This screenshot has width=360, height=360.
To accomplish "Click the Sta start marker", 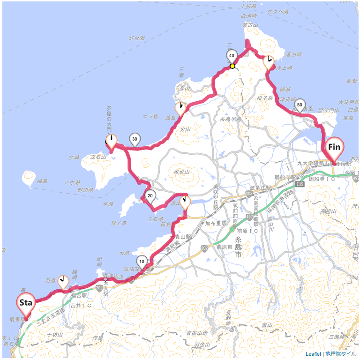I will (25, 303).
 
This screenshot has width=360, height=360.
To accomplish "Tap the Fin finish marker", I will (334, 147).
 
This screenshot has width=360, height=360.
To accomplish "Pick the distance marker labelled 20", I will (150, 196).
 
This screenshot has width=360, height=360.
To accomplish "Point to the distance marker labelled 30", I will (135, 139).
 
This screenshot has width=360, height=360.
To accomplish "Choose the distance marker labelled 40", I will (232, 56).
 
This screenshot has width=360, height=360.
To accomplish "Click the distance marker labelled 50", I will (300, 104).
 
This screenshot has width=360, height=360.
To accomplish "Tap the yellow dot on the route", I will (232, 66).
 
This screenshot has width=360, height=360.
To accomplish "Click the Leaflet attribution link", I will (313, 354).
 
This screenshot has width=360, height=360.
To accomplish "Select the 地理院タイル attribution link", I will (341, 354).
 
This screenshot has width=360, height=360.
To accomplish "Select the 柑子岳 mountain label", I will (265, 98).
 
